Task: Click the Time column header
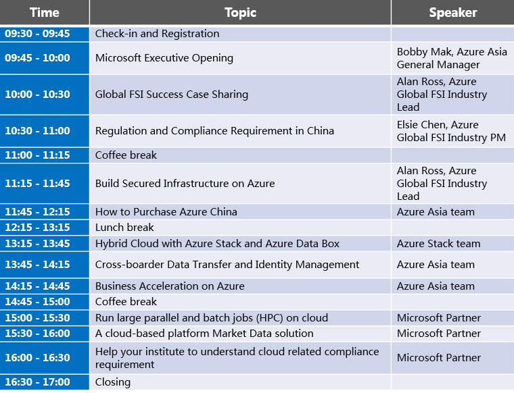click(44, 12)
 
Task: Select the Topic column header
click(240, 12)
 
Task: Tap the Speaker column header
click(452, 12)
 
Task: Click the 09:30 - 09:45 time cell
click(37, 34)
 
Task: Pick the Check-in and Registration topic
click(157, 34)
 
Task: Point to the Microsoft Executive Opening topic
click(164, 58)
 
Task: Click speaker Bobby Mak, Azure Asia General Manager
click(452, 58)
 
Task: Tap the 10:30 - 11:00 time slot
click(37, 131)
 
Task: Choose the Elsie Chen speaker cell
click(451, 131)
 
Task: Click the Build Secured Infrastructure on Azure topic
click(185, 184)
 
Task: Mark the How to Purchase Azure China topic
click(166, 212)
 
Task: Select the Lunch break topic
click(124, 228)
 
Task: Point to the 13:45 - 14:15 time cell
click(37, 265)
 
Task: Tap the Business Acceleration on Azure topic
click(170, 286)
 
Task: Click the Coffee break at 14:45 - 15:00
click(126, 302)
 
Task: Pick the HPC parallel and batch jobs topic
click(212, 318)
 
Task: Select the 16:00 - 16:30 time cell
click(37, 358)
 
